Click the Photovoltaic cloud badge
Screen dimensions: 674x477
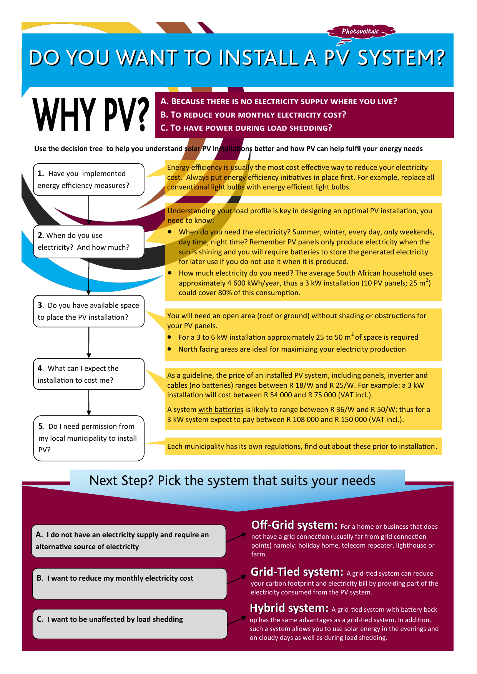tap(361, 32)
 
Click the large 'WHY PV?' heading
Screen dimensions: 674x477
tap(91, 115)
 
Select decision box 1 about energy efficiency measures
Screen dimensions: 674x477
tap(89, 179)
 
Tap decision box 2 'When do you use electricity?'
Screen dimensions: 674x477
tap(89, 241)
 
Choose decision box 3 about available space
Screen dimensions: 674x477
tap(89, 311)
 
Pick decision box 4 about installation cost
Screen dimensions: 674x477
tap(89, 374)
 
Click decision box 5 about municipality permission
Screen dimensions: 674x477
tap(89, 438)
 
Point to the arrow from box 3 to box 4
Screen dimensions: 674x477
tap(89, 343)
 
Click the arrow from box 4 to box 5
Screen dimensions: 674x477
tap(89, 403)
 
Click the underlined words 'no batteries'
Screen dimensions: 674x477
tap(211, 385)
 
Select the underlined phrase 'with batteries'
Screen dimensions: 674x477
tap(221, 410)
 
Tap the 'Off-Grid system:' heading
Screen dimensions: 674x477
tap(294, 525)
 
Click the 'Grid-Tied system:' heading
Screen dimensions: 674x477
tap(297, 572)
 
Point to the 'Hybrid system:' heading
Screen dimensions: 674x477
tap(289, 608)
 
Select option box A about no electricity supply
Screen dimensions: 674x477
tap(128, 541)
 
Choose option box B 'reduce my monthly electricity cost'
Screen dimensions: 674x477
tap(130, 583)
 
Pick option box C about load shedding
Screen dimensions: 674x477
tap(130, 624)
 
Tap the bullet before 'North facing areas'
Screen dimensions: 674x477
tap(170, 349)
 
